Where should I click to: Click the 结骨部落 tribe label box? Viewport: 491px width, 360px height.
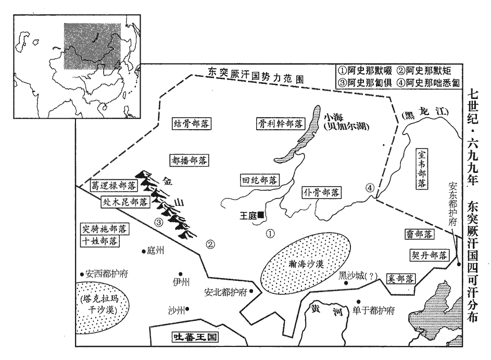pyautogui.click(x=191, y=124)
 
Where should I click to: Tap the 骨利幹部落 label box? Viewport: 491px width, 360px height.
pyautogui.click(x=280, y=123)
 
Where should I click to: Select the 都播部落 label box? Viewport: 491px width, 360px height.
pyautogui.click(x=189, y=160)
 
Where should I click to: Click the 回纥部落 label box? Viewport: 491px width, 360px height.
pyautogui.click(x=260, y=180)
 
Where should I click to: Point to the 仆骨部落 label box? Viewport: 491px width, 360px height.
pyautogui.click(x=321, y=192)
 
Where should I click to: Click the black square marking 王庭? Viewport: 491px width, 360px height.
pyautogui.click(x=260, y=215)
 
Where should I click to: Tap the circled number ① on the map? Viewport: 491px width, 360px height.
pyautogui.click(x=270, y=233)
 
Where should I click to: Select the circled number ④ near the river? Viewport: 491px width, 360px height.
pyautogui.click(x=370, y=188)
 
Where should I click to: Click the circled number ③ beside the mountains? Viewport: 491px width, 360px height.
pyautogui.click(x=159, y=222)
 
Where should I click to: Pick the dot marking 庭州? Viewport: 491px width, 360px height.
pyautogui.click(x=144, y=251)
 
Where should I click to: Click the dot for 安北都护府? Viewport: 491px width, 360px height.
pyautogui.click(x=251, y=292)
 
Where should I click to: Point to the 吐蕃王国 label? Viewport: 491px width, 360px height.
pyautogui.click(x=195, y=337)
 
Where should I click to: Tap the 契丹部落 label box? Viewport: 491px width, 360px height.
pyautogui.click(x=430, y=255)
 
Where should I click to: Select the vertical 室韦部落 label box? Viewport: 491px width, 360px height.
pyautogui.click(x=422, y=169)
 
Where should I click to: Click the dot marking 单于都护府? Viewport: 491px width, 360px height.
pyautogui.click(x=358, y=302)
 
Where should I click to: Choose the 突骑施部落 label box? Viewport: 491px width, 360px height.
pyautogui.click(x=104, y=229)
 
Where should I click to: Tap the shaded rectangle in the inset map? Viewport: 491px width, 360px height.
pyautogui.click(x=92, y=46)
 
